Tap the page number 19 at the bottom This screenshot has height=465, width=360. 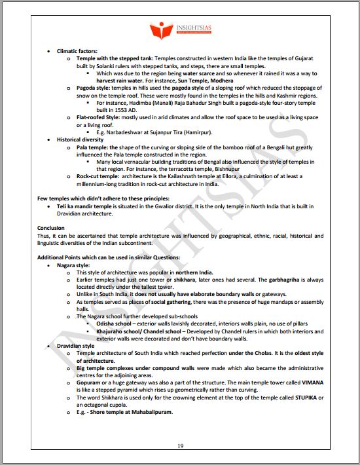(x=179, y=446)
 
